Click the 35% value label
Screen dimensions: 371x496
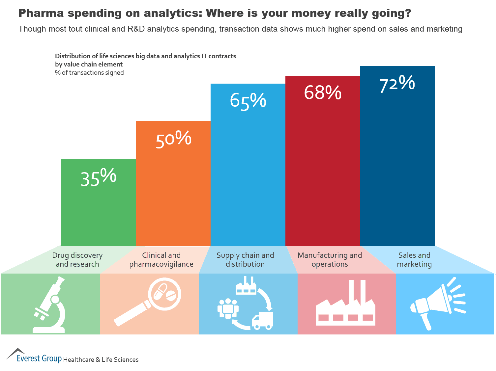[99, 178]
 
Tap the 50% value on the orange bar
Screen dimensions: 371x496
[173, 140]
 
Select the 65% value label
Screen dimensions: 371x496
[248, 101]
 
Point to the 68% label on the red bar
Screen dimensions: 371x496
[323, 93]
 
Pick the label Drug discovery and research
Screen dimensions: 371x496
[77, 260]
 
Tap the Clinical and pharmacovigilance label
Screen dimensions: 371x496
[161, 260]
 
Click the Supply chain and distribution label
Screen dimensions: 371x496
[245, 260]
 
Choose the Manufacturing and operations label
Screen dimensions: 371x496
[330, 260]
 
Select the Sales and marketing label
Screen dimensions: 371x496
[414, 260]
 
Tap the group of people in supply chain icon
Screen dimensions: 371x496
[228, 308]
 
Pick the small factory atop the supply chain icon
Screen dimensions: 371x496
[246, 286]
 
